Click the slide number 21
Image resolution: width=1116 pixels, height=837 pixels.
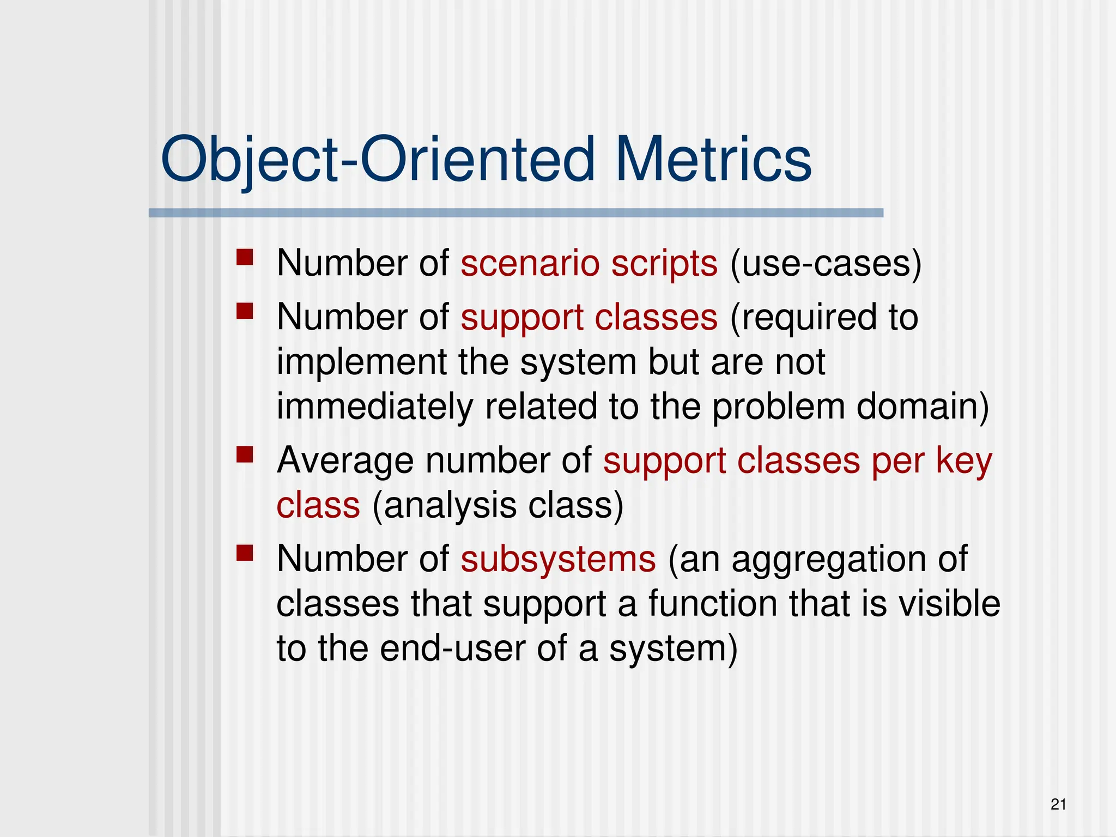click(x=1058, y=804)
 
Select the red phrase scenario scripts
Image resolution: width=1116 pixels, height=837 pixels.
click(x=589, y=264)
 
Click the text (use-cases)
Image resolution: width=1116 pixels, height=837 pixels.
click(x=825, y=264)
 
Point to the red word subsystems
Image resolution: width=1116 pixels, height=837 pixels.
click(x=558, y=559)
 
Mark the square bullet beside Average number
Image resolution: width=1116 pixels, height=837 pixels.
click(x=245, y=454)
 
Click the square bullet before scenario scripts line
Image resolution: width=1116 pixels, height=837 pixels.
click(x=245, y=257)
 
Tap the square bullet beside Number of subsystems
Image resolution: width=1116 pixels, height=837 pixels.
click(x=245, y=553)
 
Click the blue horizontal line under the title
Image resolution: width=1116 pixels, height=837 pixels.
click(x=515, y=213)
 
